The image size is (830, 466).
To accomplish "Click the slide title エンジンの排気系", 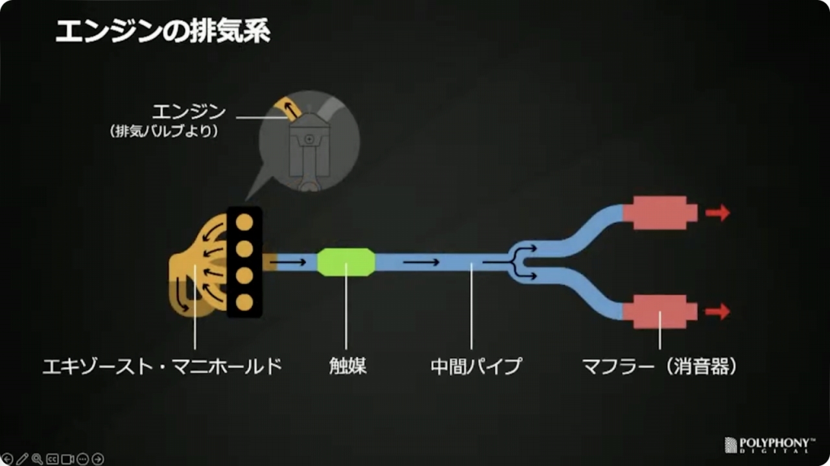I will [162, 32].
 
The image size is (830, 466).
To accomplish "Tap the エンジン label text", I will [189, 111].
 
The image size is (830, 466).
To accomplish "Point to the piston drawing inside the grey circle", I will [308, 148].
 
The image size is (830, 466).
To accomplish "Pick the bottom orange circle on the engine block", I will [244, 302].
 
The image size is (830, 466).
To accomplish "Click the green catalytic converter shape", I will [346, 262].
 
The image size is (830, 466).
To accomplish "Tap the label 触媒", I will [348, 366].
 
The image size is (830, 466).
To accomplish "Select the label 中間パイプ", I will [475, 366].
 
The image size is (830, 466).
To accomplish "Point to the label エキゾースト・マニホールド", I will [162, 366].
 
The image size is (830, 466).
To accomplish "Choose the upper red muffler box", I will [660, 213].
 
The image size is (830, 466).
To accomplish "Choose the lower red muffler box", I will [660, 312].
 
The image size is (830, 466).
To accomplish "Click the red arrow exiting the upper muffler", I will [718, 213].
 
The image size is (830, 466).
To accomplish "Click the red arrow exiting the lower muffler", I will [718, 312].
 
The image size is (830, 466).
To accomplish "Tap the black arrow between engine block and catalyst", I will [290, 262].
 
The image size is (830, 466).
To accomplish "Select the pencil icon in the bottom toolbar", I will [22, 459].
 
